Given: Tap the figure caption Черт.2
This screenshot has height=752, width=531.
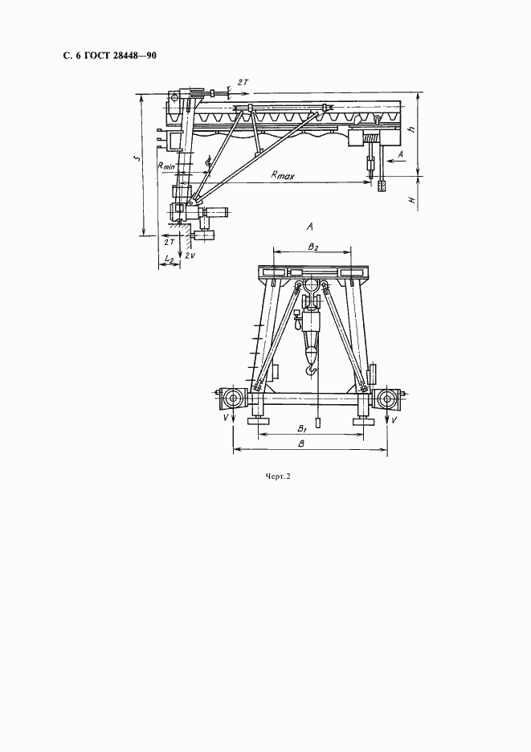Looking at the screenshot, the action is (278, 476).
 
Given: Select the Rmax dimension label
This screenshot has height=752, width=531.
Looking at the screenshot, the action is (283, 175).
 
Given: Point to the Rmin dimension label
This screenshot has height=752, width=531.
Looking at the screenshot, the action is (166, 166).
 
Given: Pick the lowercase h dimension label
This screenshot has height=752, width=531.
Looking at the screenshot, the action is (411, 129).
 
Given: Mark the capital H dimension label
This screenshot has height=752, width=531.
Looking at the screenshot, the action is (411, 198).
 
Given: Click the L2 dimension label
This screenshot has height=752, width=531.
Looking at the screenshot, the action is (169, 259).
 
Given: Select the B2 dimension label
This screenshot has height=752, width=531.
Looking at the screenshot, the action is (313, 247).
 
